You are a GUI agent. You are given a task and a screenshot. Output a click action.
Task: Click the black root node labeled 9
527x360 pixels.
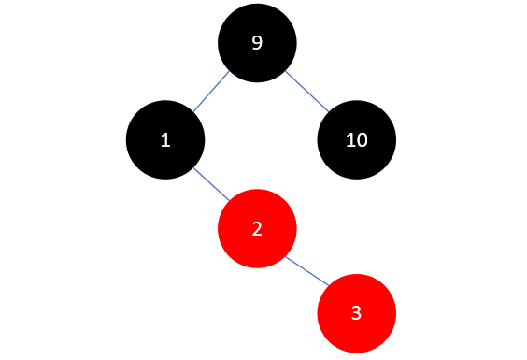point(257,43)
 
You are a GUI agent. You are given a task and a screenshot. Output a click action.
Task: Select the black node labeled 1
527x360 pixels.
point(165,140)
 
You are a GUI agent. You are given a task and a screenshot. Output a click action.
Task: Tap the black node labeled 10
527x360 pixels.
point(356,140)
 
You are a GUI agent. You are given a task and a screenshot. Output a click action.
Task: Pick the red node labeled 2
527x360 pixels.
point(257,228)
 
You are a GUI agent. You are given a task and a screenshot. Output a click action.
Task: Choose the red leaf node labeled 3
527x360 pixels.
point(356,313)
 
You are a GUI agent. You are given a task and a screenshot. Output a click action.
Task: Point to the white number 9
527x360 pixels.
point(257,43)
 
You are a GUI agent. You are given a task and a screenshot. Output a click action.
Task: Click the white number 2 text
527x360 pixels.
point(257,228)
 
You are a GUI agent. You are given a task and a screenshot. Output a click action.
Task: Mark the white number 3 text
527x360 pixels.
point(356,313)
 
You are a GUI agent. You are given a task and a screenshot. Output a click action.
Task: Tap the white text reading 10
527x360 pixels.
point(356,140)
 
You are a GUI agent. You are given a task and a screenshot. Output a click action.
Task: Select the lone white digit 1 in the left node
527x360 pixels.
point(165,140)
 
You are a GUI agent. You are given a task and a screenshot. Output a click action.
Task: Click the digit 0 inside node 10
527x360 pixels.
point(361,140)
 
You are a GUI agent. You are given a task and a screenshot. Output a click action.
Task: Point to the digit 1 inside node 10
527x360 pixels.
point(349,140)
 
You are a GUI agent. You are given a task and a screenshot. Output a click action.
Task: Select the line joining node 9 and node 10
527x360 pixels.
point(306,92)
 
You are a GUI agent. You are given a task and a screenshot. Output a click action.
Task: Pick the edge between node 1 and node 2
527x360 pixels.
point(211,184)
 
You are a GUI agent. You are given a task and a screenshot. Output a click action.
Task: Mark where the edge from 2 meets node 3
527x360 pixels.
point(328,286)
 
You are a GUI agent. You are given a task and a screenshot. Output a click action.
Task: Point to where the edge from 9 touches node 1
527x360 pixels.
point(193,113)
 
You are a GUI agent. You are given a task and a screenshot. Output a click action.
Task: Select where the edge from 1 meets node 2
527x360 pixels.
point(230,200)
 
